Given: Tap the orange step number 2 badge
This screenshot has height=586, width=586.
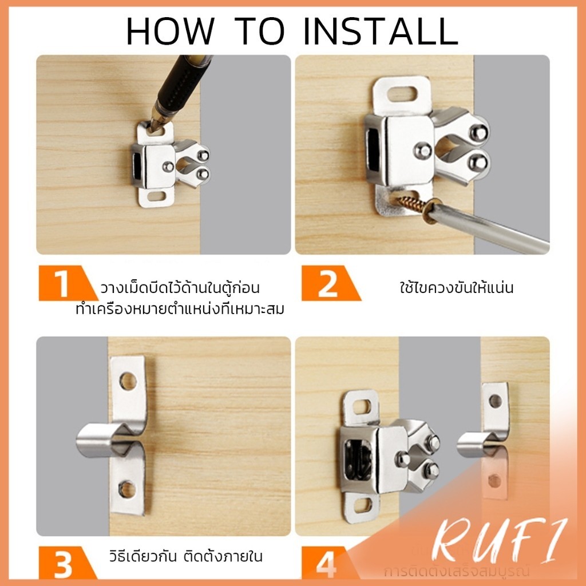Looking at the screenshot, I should click(x=327, y=283).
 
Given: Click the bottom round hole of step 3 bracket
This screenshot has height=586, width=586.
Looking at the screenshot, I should click(x=126, y=489).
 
